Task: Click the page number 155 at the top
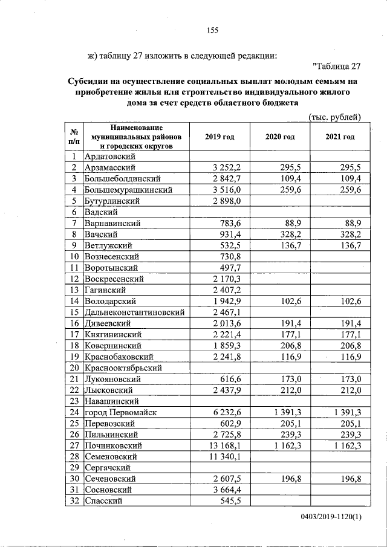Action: click(212, 30)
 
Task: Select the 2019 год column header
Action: click(220, 137)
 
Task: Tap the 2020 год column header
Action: click(280, 137)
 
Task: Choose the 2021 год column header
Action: click(340, 137)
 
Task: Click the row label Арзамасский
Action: click(111, 167)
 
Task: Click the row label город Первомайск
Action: click(121, 412)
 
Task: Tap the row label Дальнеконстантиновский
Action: click(134, 312)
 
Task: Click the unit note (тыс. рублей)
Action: click(334, 117)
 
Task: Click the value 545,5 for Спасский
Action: click(232, 501)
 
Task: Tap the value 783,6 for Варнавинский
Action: click(232, 223)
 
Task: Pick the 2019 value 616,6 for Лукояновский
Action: click(232, 379)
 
